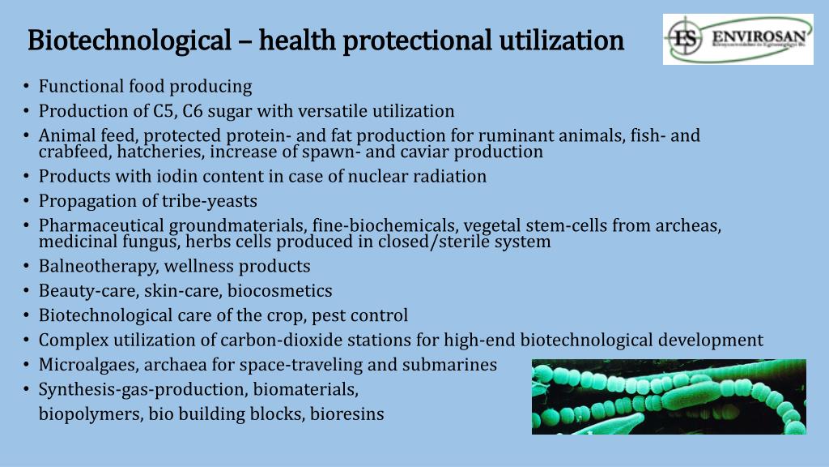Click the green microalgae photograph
coord(669,396)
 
